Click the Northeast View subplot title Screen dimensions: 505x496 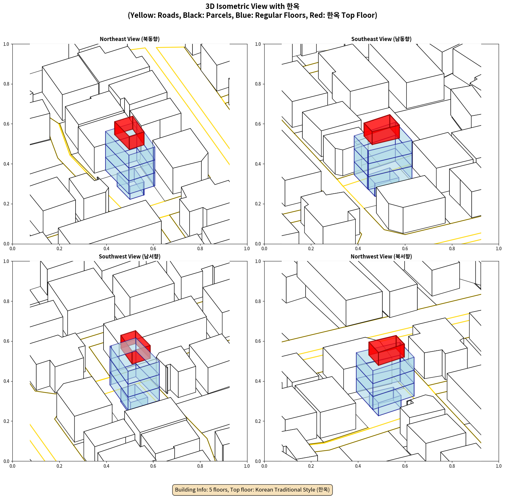coord(130,39)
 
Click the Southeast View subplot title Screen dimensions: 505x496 coord(381,39)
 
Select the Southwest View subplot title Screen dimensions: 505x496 coord(130,256)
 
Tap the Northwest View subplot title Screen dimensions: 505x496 coord(381,256)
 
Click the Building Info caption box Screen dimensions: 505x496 coord(252,490)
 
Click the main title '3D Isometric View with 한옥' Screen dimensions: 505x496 coord(252,6)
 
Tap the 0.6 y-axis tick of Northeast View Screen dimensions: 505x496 coord(6,124)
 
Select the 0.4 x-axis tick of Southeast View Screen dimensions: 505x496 coord(358,249)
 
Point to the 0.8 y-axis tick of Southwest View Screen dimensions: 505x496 coord(6,301)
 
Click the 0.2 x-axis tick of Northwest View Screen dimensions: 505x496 coord(311,466)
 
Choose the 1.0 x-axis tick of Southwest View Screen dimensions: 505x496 coord(247,466)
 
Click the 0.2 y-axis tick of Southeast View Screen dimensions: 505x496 coord(258,204)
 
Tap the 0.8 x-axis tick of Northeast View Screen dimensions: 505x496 coord(200,249)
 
